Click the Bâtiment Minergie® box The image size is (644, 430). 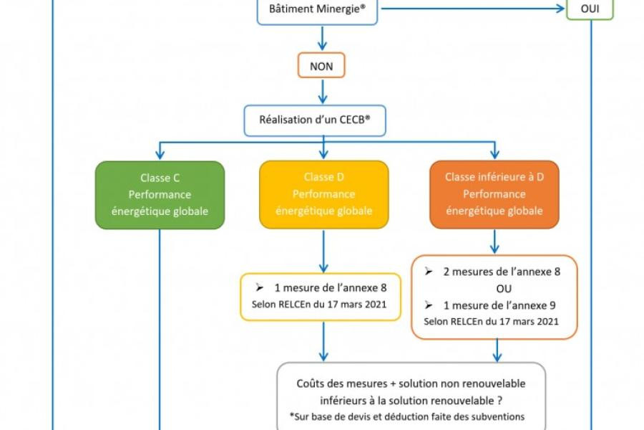pyautogui.click(x=317, y=11)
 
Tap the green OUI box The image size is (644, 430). pyautogui.click(x=590, y=9)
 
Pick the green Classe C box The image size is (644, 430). pyautogui.click(x=160, y=194)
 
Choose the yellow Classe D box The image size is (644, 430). pyautogui.click(x=323, y=194)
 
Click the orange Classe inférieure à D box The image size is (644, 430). pyautogui.click(x=494, y=194)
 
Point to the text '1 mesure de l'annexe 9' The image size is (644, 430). pyautogui.click(x=499, y=305)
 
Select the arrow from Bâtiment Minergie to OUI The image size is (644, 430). pyautogui.click(x=472, y=9)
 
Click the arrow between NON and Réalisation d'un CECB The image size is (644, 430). pyautogui.click(x=324, y=92)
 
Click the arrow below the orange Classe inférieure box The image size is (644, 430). pyautogui.click(x=494, y=242)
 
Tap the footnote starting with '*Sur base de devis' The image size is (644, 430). pyautogui.click(x=407, y=416)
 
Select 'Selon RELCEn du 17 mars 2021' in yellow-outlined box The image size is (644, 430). pyautogui.click(x=319, y=305)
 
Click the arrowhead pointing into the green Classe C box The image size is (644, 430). pyautogui.click(x=160, y=155)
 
